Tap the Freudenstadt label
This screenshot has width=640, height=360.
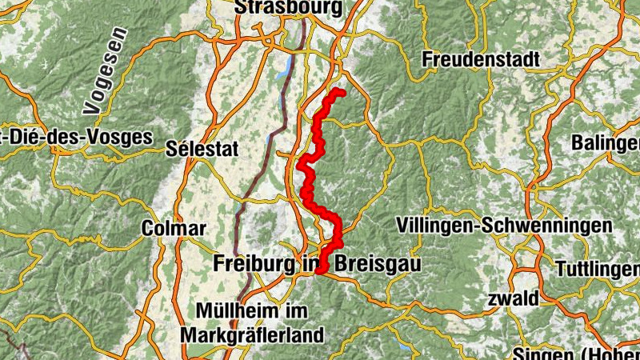pyautogui.click(x=481, y=59)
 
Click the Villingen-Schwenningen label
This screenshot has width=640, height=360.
pyautogui.click(x=504, y=226)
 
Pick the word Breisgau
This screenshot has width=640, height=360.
pyautogui.click(x=373, y=263)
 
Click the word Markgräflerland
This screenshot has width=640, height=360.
pyautogui.click(x=253, y=334)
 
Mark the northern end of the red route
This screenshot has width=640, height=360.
pyautogui.click(x=342, y=93)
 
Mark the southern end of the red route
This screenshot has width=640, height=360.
pyautogui.click(x=319, y=271)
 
